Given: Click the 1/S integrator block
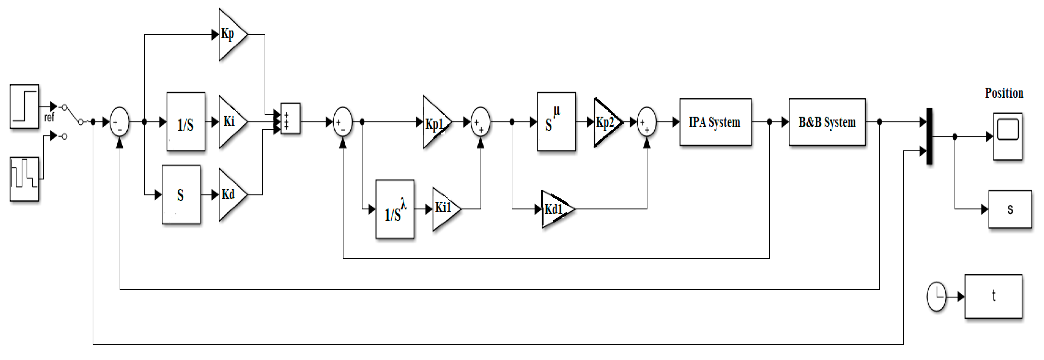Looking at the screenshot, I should coord(186,122).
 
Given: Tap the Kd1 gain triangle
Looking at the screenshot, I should coord(555,209).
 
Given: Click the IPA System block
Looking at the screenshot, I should coord(715,122).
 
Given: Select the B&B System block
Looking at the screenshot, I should coord(827,122).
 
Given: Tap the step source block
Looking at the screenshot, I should coord(24,107).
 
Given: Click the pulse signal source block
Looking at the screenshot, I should coord(24,179).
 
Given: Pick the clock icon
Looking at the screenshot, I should coord(936,297).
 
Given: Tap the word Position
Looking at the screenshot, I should coord(1004,93).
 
